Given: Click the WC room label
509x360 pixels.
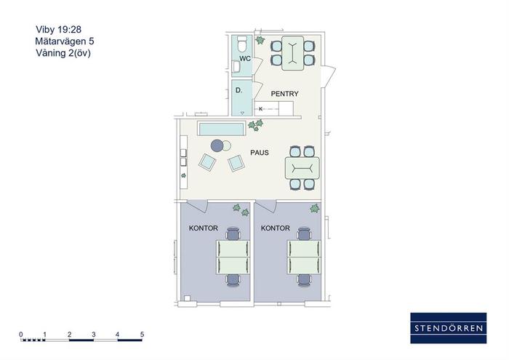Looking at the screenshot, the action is coord(245,58).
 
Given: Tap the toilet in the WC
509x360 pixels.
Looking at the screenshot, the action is coord(242,44).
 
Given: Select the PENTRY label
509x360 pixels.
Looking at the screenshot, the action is coord(284,94).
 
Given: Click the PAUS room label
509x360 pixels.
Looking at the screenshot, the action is coord(260,153).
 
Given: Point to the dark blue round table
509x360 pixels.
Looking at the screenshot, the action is coord(217,145).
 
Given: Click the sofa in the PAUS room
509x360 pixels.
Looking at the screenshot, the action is coord(221,129).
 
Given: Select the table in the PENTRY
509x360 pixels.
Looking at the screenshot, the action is coord(293,53).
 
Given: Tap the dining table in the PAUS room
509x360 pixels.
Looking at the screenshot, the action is coord(302,168).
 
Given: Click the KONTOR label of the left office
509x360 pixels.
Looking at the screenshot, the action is coord(203,228).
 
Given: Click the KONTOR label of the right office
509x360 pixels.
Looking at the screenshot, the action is coord(276,228).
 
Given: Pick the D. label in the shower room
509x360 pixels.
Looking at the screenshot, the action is coord(239,90).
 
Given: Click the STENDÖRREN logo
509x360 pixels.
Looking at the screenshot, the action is coord(449,328).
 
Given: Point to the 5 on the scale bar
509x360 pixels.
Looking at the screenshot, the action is coord(142,334).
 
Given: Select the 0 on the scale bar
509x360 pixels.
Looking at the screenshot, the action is coord(21,334).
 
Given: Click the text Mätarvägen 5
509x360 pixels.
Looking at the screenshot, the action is coord(65,41).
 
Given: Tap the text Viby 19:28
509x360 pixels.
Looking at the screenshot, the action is coord(58,30).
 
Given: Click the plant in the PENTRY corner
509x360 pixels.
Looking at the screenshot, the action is coord(260,40).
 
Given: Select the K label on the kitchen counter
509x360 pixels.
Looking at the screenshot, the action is coord(260,109).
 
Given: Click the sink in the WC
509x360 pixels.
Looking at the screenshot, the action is coord(236,67).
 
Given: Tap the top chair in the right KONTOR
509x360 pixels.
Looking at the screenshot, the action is coord(305,233).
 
